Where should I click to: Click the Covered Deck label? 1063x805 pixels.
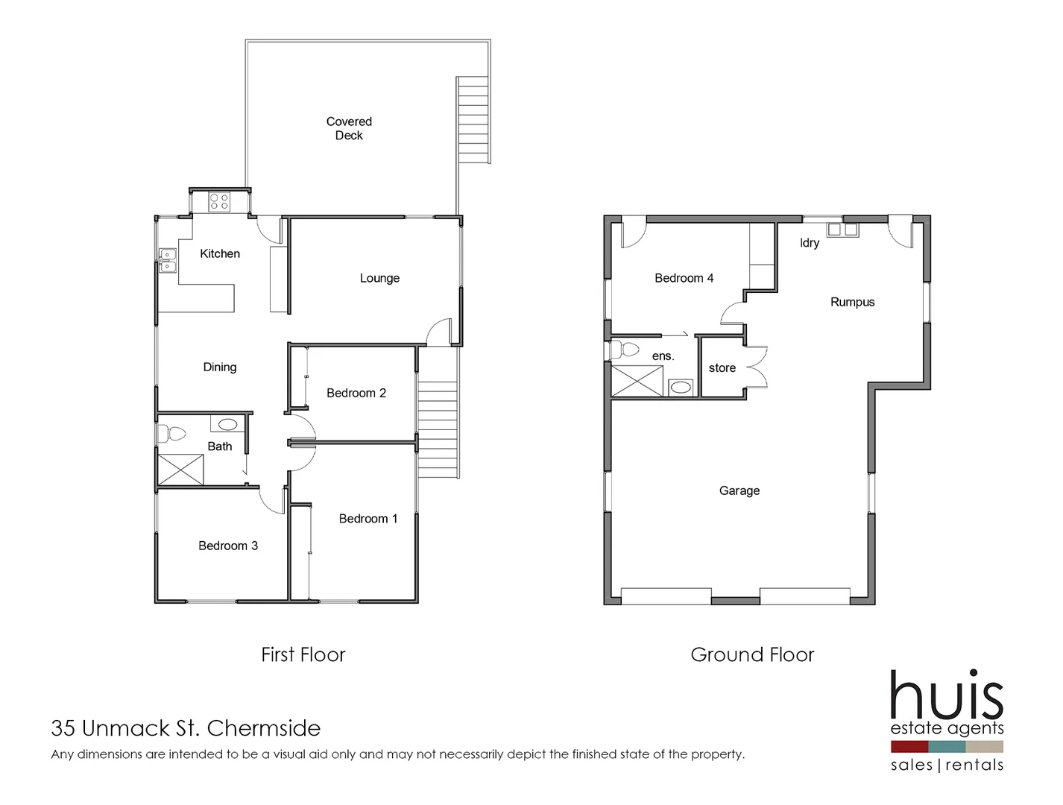349,128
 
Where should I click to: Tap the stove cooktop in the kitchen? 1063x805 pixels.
219,201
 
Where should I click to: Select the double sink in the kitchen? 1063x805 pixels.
168,260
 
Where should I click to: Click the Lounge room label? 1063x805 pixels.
379,278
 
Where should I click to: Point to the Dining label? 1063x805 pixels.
219,367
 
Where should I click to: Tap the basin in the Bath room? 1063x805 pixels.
227,424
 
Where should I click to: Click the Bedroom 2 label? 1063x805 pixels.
356,393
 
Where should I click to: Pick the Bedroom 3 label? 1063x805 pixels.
227,546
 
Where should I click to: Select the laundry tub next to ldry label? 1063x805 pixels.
842,230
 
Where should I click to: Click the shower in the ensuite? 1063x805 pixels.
637,380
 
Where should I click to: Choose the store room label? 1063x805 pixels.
722,368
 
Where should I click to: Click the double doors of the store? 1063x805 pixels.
757,367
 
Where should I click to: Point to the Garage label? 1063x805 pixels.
739,490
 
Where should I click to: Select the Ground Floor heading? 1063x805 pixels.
752,654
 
